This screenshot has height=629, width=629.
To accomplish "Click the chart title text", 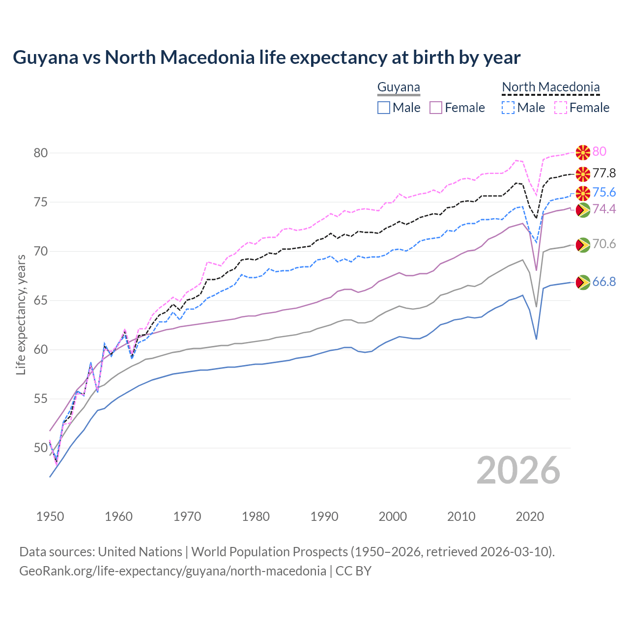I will coord(266,57).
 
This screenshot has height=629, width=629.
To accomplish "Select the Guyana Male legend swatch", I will coord(384,108).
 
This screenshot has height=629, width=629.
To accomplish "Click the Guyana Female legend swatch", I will coord(436,108).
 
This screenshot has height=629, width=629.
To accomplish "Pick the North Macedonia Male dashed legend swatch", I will coord(508,108).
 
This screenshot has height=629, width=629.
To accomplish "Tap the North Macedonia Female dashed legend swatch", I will coord(561,108).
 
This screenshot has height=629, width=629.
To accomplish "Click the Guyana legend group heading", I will coord(399,87).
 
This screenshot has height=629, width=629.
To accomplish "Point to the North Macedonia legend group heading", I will coord(550,87).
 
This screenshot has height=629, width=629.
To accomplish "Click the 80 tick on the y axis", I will coord(41,153).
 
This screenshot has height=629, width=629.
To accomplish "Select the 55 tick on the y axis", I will coord(41,399).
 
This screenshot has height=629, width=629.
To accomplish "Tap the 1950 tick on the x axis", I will coord(50,516).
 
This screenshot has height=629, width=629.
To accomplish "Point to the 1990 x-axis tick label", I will coord(324,516).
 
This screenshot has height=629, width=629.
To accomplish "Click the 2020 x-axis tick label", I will coord(530,516).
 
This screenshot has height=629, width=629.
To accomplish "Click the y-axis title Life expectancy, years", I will coord(21,314).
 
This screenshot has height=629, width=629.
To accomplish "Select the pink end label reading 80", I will coord(599,151).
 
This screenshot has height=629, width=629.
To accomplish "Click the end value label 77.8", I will coord(604,173).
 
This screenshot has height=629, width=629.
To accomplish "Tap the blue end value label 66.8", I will coord(604,282).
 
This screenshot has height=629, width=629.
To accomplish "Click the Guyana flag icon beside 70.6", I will coord(583,244).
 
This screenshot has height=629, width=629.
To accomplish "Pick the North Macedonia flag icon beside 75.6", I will coord(583,193).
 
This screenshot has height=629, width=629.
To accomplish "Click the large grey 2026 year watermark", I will coord(518,470).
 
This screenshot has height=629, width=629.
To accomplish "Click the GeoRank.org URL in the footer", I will coord(172,571).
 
